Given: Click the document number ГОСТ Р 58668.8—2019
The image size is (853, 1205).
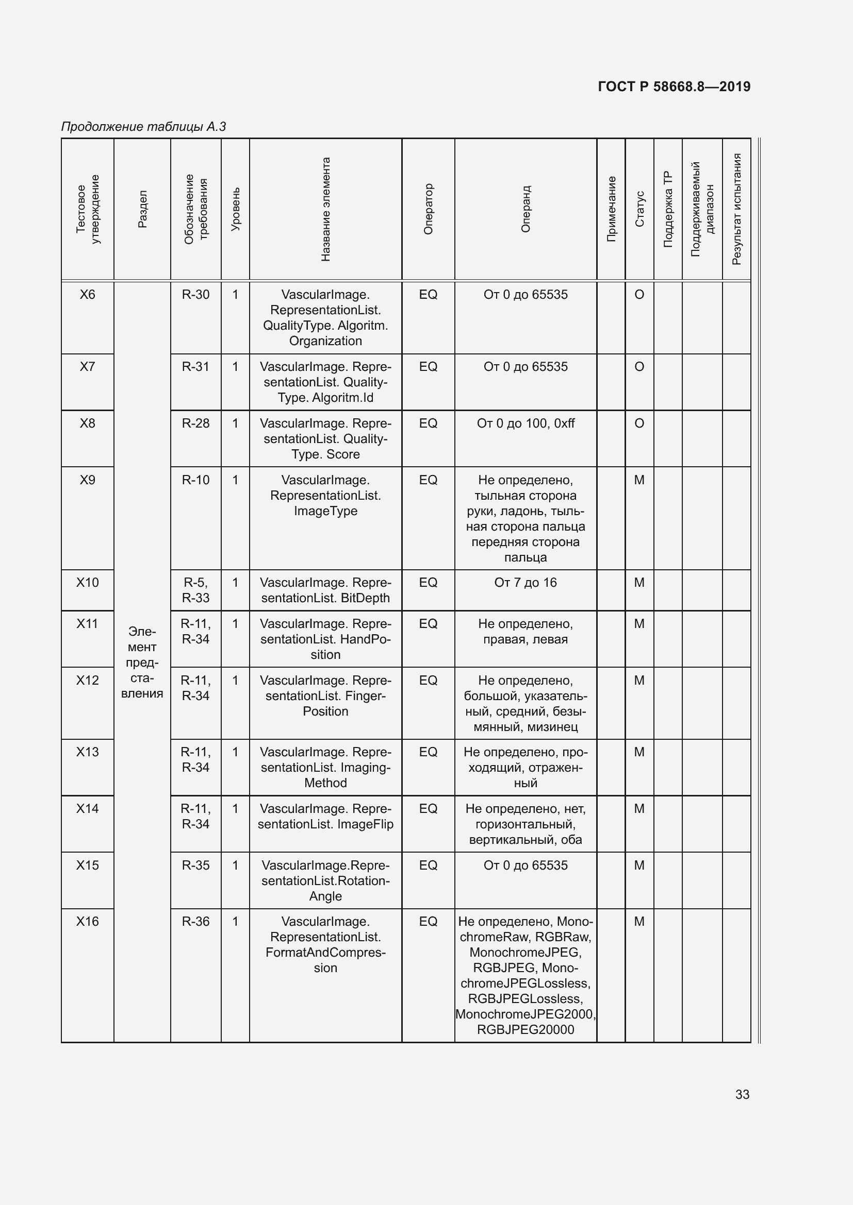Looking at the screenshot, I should pyautogui.click(x=674, y=87).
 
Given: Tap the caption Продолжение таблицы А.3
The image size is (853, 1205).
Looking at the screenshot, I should pyautogui.click(x=143, y=127).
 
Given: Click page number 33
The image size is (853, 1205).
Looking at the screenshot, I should pyautogui.click(x=742, y=1094).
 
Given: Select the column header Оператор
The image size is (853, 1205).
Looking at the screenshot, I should pyautogui.click(x=428, y=209).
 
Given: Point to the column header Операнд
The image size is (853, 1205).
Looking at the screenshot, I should pyautogui.click(x=525, y=209).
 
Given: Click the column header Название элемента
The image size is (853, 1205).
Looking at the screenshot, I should pyautogui.click(x=325, y=209).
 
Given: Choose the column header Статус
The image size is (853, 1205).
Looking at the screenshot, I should pyautogui.click(x=639, y=209).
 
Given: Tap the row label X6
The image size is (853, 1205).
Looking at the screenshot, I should pyautogui.click(x=87, y=295).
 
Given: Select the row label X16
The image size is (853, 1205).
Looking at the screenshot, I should pyautogui.click(x=87, y=921).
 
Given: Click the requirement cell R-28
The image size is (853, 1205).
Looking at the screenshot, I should pyautogui.click(x=195, y=423).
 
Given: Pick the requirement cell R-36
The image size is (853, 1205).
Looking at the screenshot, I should pyautogui.click(x=195, y=921).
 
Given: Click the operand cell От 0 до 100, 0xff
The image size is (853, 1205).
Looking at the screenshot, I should pyautogui.click(x=525, y=423).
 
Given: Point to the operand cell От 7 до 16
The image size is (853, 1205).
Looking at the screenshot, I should pyautogui.click(x=525, y=582).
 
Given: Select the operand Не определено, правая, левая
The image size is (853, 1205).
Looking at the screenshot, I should pyautogui.click(x=525, y=632).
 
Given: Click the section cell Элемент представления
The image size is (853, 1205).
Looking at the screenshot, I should pyautogui.click(x=142, y=662).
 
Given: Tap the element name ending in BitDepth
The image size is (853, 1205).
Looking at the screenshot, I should pyautogui.click(x=325, y=590).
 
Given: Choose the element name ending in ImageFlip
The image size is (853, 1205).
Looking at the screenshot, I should pyautogui.click(x=325, y=816).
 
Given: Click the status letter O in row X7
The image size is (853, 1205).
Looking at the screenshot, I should pyautogui.click(x=639, y=366).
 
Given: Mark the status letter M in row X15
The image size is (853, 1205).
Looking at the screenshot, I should pyautogui.click(x=639, y=865).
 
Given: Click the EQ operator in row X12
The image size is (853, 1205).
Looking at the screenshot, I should pyautogui.click(x=428, y=680).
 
